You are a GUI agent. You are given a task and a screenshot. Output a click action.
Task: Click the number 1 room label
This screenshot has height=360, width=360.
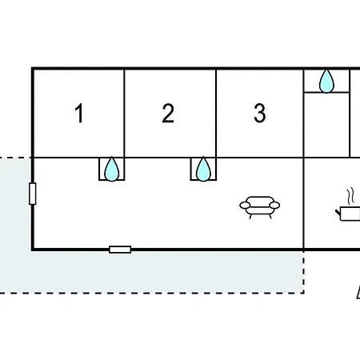(79, 113)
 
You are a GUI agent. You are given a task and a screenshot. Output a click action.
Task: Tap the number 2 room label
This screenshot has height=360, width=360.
(168, 113)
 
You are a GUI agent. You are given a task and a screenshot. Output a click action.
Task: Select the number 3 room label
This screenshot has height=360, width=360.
(260, 113)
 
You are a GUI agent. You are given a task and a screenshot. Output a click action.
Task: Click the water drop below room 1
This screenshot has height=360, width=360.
(111, 169)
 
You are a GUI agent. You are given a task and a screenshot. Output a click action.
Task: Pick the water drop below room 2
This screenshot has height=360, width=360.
(203, 169)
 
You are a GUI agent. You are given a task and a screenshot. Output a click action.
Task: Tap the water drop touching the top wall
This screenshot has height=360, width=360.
(326, 81)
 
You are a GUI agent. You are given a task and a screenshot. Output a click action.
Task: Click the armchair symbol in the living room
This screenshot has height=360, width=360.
(260, 207)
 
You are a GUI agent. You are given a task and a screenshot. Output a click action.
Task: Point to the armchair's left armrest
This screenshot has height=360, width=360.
(245, 205)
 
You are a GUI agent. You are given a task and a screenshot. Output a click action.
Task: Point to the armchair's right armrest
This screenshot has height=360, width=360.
(274, 205)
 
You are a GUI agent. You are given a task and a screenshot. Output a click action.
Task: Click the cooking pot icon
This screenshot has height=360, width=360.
(348, 214)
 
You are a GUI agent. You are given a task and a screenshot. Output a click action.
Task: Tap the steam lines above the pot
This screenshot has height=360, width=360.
(351, 197)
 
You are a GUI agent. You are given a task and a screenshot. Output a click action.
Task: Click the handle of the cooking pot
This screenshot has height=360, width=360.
(338, 213)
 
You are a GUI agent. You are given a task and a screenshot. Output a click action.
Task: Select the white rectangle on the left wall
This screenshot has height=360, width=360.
(33, 194)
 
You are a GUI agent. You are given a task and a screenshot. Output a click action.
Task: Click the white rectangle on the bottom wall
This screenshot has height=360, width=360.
(120, 250)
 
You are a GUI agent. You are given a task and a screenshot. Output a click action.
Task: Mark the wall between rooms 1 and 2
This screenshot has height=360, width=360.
(124, 114)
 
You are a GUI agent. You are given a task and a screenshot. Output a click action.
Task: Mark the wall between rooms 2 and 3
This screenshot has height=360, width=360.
(216, 114)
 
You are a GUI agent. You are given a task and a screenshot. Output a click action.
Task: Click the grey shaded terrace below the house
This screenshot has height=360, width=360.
(160, 272)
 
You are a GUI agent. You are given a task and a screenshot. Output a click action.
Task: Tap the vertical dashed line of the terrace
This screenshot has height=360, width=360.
(304, 271)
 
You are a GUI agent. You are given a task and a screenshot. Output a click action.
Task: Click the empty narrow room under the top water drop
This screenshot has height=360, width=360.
(326, 125)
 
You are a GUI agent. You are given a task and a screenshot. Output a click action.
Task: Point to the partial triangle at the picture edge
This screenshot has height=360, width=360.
(358, 293)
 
